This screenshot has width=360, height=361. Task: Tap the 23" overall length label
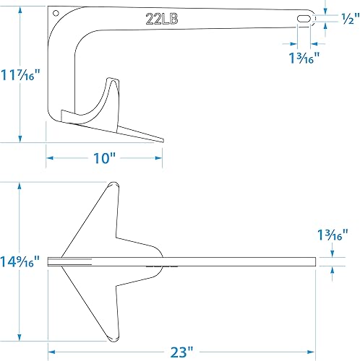(x=181, y=352)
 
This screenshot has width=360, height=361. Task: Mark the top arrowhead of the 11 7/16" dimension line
(x=20, y=9)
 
